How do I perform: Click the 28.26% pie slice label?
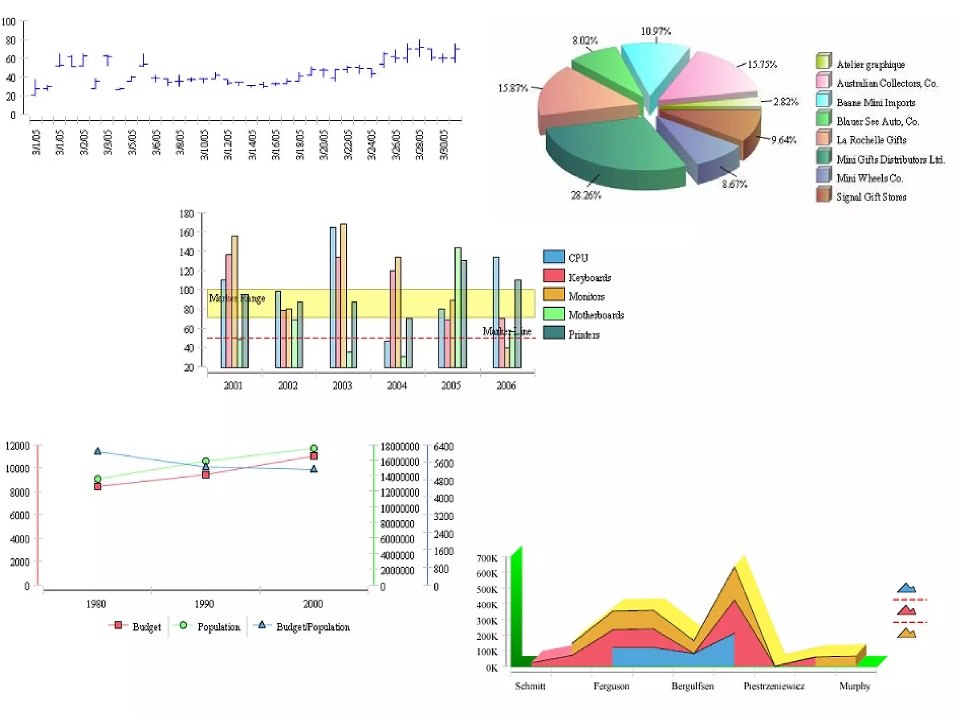586,195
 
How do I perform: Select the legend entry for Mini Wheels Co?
869,178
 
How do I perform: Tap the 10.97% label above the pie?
655,31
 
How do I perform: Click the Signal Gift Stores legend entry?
871,197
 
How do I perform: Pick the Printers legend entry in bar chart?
583,334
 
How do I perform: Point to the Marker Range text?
237,298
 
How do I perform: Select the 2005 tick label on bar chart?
451,386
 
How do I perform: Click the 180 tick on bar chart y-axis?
187,214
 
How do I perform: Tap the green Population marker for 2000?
314,448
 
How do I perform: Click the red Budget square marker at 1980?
98,487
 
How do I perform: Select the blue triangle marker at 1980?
98,451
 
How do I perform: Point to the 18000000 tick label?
400,447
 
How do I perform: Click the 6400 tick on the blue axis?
443,447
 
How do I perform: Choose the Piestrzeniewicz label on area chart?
773,686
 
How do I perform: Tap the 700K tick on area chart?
487,558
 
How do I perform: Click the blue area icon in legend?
906,588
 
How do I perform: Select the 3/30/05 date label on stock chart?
444,145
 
